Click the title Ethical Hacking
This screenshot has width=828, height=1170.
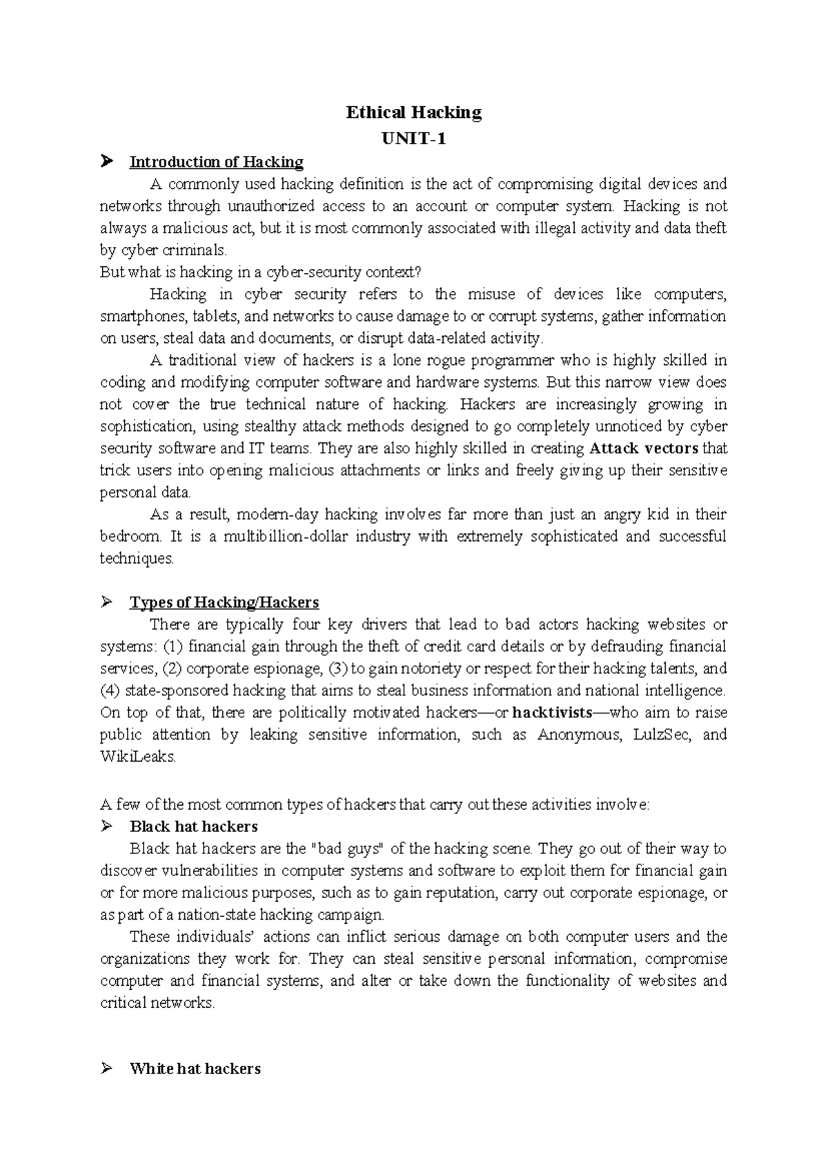click(413, 112)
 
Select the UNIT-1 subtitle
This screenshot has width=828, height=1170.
click(413, 139)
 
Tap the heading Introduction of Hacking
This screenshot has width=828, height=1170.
click(217, 162)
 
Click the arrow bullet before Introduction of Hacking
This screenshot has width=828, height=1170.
click(106, 162)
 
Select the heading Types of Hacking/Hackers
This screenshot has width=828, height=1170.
click(224, 602)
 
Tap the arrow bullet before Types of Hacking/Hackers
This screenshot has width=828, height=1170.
click(106, 602)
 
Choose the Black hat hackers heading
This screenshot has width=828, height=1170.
click(194, 826)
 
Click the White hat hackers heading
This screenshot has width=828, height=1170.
click(195, 1069)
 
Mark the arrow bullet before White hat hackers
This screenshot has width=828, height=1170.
click(106, 1069)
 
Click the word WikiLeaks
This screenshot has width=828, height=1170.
click(138, 757)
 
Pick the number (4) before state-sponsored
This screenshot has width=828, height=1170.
click(110, 691)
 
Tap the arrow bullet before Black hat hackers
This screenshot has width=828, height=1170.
click(106, 826)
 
